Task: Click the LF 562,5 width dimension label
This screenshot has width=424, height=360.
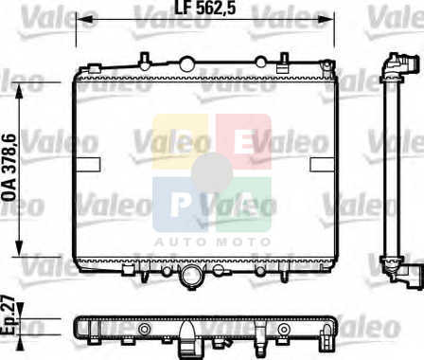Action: tap(205, 8)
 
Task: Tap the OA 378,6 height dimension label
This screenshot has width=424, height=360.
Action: tap(9, 168)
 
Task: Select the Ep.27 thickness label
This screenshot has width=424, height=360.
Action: tap(8, 315)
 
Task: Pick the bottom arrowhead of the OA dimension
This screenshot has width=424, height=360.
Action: tap(20, 246)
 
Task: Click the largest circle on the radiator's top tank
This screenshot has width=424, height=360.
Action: tap(186, 63)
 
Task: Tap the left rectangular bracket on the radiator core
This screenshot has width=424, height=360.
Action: tap(88, 165)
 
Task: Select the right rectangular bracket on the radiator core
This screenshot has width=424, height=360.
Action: tap(322, 165)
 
